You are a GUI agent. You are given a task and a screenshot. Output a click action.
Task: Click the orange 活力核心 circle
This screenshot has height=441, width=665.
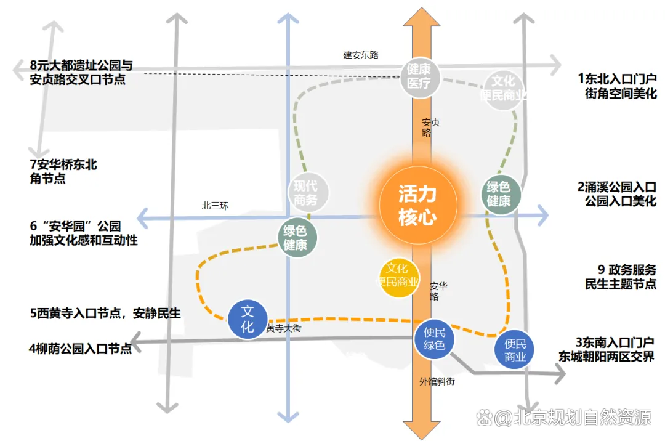(x=418, y=205)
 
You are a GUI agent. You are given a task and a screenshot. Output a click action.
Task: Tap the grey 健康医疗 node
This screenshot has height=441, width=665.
(x=420, y=77)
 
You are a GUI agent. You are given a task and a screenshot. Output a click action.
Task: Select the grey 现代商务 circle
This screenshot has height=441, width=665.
(x=308, y=193)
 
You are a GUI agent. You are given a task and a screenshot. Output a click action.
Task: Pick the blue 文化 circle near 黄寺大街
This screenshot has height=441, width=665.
(x=248, y=319)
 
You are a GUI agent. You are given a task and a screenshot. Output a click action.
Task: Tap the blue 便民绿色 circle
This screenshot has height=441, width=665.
(x=434, y=339)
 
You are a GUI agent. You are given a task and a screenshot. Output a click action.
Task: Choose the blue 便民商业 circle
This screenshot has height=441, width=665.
(x=514, y=349)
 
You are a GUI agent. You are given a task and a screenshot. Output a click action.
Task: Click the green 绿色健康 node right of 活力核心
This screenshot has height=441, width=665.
(x=501, y=194)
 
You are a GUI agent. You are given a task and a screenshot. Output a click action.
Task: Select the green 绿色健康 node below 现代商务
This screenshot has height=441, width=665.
(x=297, y=238)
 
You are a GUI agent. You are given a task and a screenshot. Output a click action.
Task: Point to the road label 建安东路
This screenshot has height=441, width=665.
(x=360, y=55)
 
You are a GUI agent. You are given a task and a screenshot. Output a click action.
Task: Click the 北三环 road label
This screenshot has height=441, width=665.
(x=215, y=206)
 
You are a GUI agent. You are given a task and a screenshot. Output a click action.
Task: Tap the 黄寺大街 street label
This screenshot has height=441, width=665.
(x=284, y=328)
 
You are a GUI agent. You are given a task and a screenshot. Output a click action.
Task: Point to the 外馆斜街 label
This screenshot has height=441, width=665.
(x=437, y=382)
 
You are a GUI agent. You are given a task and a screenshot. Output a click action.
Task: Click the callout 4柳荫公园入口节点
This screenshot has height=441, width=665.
(x=80, y=349)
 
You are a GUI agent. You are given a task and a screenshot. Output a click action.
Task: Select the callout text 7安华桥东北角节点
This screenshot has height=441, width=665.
(x=63, y=171)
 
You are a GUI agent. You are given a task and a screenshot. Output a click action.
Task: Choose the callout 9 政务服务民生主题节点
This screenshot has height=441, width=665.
(x=621, y=277)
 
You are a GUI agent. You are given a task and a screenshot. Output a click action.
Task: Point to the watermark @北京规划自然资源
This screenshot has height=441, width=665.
(x=564, y=418)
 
